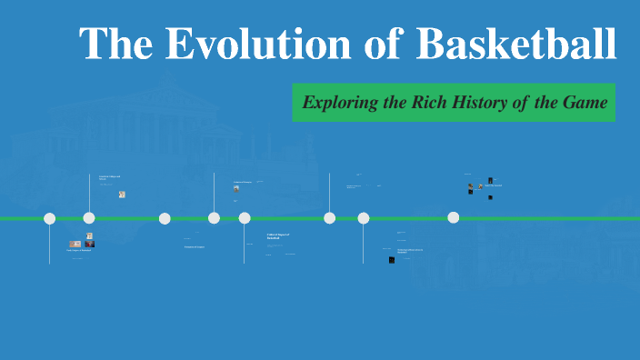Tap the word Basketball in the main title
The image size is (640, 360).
click(516, 43)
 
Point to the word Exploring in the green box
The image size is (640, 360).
click(340, 103)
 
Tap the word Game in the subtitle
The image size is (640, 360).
click(584, 103)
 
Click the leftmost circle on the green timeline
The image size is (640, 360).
click(50, 218)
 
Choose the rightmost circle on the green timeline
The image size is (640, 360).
click(454, 217)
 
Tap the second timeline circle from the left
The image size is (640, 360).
click(89, 218)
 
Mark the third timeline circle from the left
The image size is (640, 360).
click(165, 218)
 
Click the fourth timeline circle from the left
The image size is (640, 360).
click(214, 218)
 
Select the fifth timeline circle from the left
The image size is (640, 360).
click(245, 218)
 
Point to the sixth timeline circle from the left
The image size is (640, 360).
click(329, 218)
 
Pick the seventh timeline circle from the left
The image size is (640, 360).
click(364, 218)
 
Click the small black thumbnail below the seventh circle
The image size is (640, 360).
click(392, 260)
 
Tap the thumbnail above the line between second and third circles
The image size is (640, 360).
click(122, 195)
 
